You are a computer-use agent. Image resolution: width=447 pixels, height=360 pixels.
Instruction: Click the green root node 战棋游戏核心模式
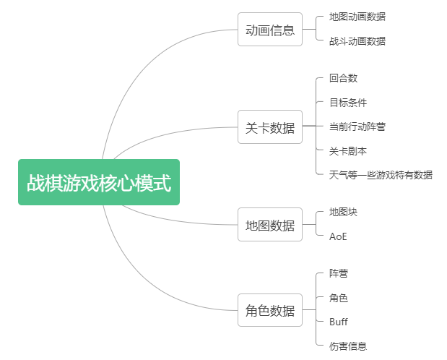click(x=99, y=183)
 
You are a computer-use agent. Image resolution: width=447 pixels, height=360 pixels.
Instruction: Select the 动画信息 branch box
click(x=270, y=30)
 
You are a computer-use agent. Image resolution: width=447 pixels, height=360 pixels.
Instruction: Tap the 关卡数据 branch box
click(x=270, y=128)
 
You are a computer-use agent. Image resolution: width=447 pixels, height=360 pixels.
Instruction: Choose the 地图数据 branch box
click(x=270, y=225)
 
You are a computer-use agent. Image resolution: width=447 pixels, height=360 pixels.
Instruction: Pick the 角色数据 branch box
click(x=270, y=311)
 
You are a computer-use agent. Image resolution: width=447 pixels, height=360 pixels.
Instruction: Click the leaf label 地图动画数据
click(x=357, y=17)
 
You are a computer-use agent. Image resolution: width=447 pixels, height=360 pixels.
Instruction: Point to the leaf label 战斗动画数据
click(x=357, y=41)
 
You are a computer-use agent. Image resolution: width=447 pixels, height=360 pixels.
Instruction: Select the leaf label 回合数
click(x=343, y=78)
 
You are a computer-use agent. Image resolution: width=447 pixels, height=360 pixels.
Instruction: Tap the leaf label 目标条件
click(x=347, y=103)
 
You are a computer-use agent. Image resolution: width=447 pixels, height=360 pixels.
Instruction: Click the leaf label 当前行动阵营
click(x=357, y=127)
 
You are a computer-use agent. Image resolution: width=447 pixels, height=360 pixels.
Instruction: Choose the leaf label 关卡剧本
click(x=347, y=151)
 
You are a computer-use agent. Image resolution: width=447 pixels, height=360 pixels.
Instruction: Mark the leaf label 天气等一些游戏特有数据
click(x=381, y=175)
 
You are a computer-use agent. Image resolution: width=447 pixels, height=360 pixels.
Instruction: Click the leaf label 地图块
click(x=343, y=213)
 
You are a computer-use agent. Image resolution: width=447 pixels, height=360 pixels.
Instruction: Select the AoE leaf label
click(x=338, y=236)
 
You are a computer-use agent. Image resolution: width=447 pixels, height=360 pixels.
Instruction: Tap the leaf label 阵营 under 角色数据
click(x=339, y=274)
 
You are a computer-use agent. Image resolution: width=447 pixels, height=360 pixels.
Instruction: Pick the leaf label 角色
click(x=339, y=298)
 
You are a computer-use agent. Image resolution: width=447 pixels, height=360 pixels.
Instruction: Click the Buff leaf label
click(x=339, y=322)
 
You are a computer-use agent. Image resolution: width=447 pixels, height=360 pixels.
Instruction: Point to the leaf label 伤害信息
click(x=347, y=346)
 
